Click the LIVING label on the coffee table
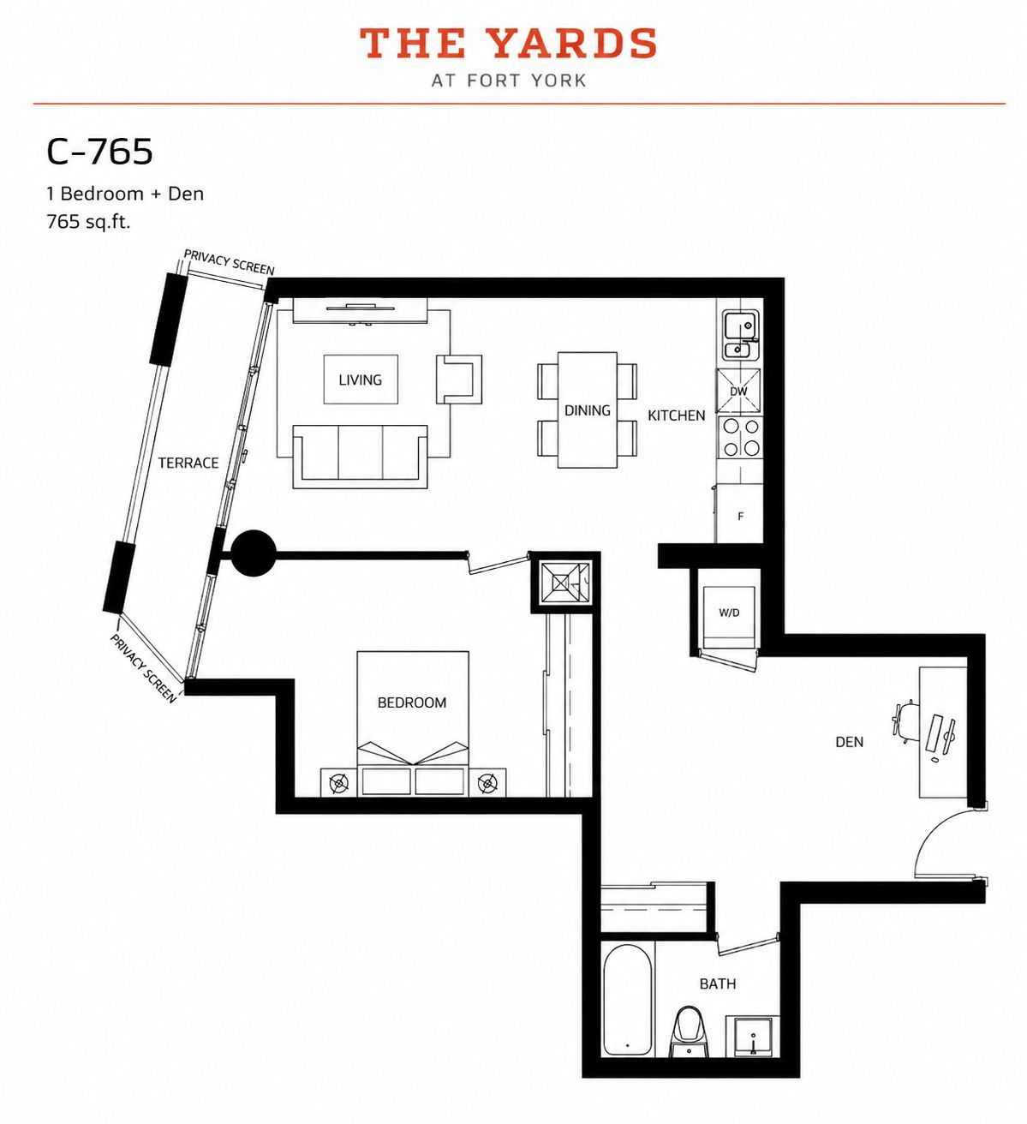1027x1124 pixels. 360,380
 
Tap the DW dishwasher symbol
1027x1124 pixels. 738,392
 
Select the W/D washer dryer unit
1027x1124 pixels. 729,613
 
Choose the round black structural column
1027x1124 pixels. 254,553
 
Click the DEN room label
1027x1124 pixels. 850,742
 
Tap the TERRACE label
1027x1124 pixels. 188,463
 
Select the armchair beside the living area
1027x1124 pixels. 459,379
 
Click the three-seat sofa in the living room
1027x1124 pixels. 361,456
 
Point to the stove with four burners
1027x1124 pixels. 740,437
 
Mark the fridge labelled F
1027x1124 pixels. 739,514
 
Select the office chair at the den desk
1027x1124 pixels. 905,723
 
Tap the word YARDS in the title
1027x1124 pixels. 575,44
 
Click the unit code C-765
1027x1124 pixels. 99,152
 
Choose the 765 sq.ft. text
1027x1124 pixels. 88,222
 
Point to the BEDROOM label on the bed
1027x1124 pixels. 412,702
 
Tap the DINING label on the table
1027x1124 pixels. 588,410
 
